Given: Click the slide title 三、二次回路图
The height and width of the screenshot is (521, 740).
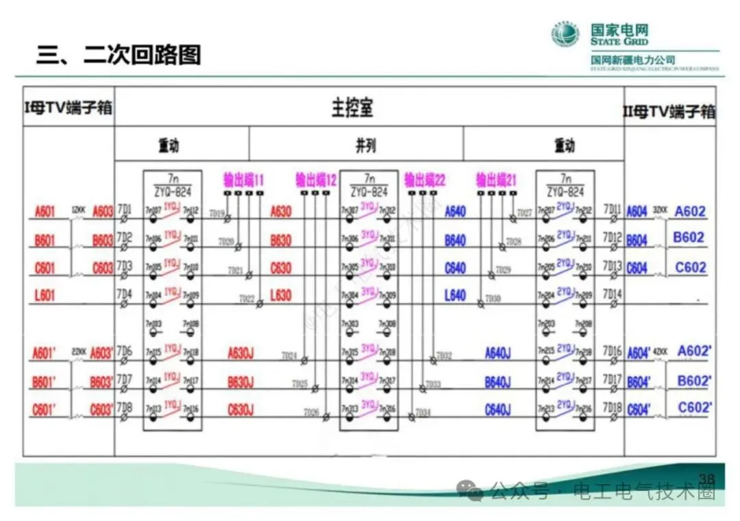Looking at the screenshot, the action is point(119,55).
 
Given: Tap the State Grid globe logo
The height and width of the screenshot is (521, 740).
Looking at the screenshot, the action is point(566,34).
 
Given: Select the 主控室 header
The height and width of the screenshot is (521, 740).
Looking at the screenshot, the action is point(352,108).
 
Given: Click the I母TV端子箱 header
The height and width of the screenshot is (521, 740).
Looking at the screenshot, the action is point(68,108).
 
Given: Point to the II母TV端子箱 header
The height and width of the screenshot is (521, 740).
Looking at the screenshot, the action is point(669,111).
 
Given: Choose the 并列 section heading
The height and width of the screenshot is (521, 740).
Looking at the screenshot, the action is point(365,145).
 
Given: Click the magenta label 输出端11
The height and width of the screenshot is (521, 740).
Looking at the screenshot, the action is point(243,180).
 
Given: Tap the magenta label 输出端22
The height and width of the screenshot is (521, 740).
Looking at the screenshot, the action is point(425,180).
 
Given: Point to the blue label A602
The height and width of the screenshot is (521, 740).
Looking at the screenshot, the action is point(689,211).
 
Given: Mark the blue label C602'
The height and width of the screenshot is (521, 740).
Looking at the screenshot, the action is point(695,409).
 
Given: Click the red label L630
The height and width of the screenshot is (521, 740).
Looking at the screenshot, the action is point(281,295).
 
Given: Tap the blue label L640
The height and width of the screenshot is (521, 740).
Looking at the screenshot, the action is point(455,295).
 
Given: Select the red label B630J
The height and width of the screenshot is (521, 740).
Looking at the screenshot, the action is point(240,382).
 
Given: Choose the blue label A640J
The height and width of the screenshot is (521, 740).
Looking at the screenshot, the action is point(497,354).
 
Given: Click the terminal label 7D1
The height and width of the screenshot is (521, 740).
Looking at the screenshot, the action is point(124,208).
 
